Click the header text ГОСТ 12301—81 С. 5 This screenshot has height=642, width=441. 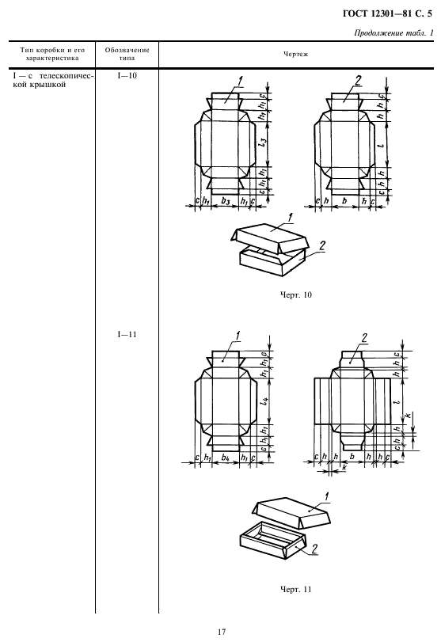pyautogui.click(x=387, y=14)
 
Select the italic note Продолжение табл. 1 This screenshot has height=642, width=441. pyautogui.click(x=393, y=33)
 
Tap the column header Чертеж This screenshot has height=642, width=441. pyautogui.click(x=295, y=54)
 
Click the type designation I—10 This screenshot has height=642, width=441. pyautogui.click(x=127, y=76)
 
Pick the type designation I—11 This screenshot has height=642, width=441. pyautogui.click(x=127, y=335)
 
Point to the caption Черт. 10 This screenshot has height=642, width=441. pyautogui.click(x=295, y=294)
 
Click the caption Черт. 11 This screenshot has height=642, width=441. pyautogui.click(x=295, y=590)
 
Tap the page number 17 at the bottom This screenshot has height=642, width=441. pyautogui.click(x=221, y=633)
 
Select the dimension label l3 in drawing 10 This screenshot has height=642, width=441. pyautogui.click(x=264, y=143)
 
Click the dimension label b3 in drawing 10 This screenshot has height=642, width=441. pyautogui.click(x=225, y=200)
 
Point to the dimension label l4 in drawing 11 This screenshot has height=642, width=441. pyautogui.click(x=264, y=401)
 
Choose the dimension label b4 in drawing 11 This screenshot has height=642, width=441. pyautogui.click(x=225, y=458)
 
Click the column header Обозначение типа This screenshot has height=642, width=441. pyautogui.click(x=127, y=54)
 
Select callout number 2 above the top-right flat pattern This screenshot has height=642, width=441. pyautogui.click(x=359, y=81)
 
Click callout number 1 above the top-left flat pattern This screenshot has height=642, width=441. pyautogui.click(x=240, y=82)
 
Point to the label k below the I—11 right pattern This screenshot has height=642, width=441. pyautogui.click(x=344, y=467)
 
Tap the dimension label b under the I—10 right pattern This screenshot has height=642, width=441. pyautogui.click(x=344, y=200)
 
